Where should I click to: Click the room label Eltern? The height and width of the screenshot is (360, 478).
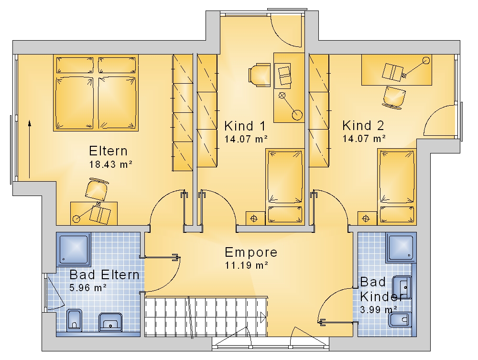108,151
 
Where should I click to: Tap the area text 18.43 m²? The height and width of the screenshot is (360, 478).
111,164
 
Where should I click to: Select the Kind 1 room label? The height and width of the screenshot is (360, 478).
245,126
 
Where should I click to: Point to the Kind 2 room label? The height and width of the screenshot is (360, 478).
363,125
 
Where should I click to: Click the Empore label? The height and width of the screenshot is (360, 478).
251,252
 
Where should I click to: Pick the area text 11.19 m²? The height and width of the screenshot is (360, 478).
247,265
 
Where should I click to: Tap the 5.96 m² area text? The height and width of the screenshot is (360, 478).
88,287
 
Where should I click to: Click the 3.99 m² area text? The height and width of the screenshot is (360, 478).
379,310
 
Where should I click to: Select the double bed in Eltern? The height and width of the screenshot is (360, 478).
96,93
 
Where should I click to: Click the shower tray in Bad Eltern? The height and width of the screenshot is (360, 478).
74,250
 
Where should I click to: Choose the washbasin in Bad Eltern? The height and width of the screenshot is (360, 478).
110,322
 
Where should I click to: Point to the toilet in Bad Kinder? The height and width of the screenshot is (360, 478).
400,320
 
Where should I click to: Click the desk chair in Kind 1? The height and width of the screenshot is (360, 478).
260,75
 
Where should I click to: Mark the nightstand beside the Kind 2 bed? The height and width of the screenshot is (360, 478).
366,218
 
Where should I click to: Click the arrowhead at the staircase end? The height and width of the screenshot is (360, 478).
263,317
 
